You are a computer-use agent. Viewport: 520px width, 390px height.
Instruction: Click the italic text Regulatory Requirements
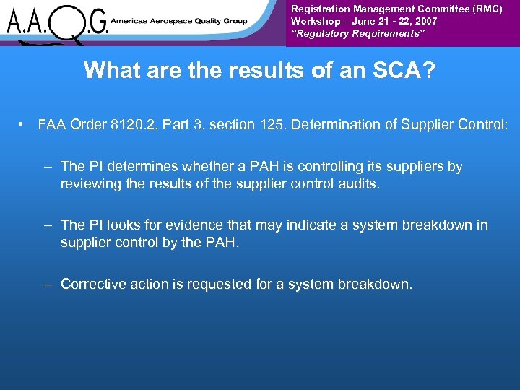pos(346,33)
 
